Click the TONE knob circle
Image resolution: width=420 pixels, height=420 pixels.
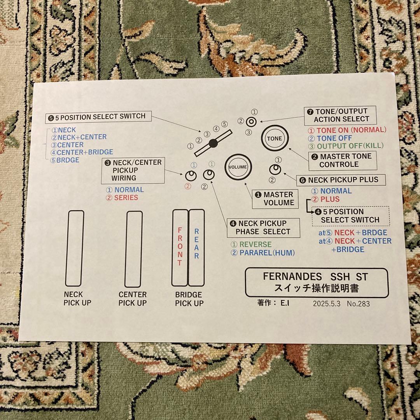[275, 138]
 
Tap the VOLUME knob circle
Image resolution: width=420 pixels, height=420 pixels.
[238, 167]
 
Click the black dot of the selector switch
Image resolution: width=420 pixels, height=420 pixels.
[213, 143]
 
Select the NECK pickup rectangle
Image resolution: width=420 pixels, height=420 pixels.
[74, 248]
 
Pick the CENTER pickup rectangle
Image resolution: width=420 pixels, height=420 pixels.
[133, 249]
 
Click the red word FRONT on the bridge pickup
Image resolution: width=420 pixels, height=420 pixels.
[180, 247]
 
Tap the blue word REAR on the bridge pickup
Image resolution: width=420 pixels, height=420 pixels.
[196, 243]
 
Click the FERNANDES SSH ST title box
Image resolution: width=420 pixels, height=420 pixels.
[316, 283]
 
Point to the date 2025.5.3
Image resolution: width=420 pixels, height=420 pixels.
[327, 304]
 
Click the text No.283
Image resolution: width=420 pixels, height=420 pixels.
[359, 304]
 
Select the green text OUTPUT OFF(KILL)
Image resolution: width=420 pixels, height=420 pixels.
[350, 146]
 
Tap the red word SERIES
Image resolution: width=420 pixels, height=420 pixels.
[126, 198]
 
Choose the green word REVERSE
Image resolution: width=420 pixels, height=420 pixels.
[255, 245]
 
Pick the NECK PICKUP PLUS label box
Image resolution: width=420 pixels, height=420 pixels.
[338, 180]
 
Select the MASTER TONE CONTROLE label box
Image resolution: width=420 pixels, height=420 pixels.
[343, 160]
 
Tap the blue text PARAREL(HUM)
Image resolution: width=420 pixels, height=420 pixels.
[267, 253]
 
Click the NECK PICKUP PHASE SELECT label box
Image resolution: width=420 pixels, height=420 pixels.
[264, 227]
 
